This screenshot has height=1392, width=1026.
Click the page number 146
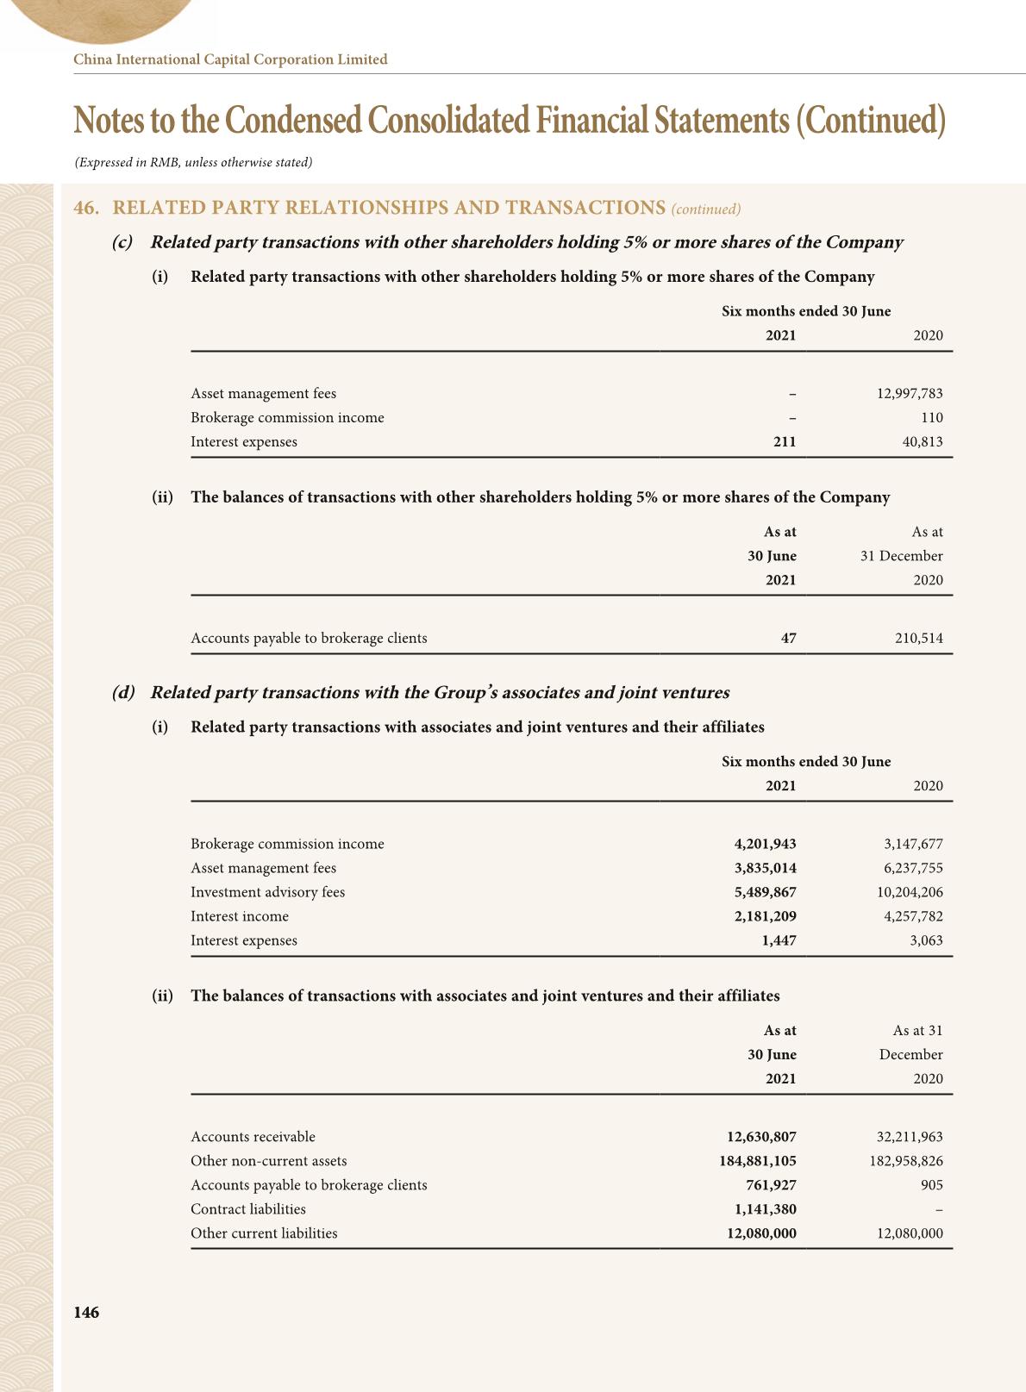(x=86, y=1313)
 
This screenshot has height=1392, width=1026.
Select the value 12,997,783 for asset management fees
(x=910, y=394)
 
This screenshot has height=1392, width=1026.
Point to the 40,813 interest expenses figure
(x=922, y=442)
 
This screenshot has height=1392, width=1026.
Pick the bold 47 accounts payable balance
(x=788, y=639)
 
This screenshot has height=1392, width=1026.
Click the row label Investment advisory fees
(x=267, y=892)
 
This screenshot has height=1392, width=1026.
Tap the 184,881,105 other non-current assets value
(x=758, y=1161)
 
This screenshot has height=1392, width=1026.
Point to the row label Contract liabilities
(x=248, y=1209)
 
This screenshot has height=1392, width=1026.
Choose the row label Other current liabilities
(x=264, y=1233)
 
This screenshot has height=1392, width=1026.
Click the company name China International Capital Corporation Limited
(x=230, y=59)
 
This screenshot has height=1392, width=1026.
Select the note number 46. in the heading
(x=84, y=208)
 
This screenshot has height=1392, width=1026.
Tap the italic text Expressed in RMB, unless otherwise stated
(x=193, y=162)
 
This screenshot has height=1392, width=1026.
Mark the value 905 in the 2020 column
(x=931, y=1185)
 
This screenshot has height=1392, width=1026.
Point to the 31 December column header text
(x=901, y=556)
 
